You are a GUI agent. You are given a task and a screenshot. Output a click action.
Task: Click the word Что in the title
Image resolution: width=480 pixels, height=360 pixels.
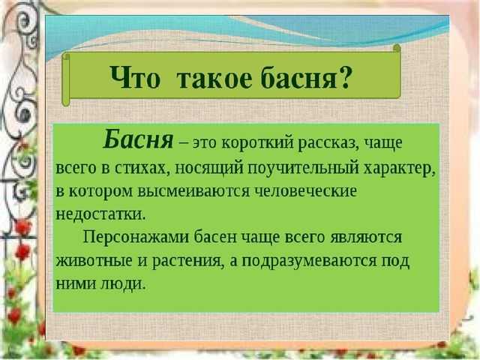[x=135, y=77]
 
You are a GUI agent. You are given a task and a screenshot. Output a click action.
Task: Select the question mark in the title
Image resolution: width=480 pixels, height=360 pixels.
[x=344, y=77]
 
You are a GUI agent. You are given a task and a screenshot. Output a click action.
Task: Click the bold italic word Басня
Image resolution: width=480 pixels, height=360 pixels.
[x=138, y=139]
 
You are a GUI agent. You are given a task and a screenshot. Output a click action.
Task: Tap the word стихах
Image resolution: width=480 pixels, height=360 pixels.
[x=143, y=168]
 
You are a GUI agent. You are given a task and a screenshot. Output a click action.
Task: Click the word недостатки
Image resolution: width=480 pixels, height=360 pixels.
[x=100, y=214]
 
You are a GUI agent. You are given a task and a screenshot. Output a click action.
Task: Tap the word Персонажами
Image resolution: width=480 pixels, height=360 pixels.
[x=136, y=238]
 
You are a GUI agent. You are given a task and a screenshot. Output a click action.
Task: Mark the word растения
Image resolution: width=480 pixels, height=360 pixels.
[x=187, y=261]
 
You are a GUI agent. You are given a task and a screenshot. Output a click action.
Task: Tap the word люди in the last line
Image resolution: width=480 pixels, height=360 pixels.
[x=122, y=284]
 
